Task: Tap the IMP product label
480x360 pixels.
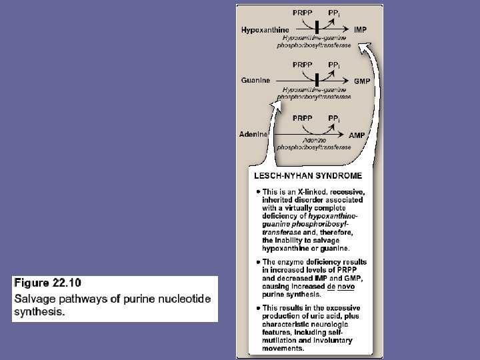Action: pyautogui.click(x=361, y=30)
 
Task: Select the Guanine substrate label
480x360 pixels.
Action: pyautogui.click(x=255, y=81)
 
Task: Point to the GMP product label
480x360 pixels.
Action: pyautogui.click(x=361, y=81)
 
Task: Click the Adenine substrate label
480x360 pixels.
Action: pyautogui.click(x=254, y=134)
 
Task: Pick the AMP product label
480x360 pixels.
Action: pyautogui.click(x=357, y=135)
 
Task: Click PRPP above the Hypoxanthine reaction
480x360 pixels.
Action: pyautogui.click(x=303, y=13)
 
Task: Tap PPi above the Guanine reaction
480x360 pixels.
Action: pyautogui.click(x=335, y=65)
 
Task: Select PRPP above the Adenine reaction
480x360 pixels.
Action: pyautogui.click(x=303, y=118)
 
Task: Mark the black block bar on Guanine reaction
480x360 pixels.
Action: pyautogui.click(x=317, y=80)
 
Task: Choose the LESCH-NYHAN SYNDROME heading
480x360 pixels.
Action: pyautogui.click(x=308, y=176)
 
